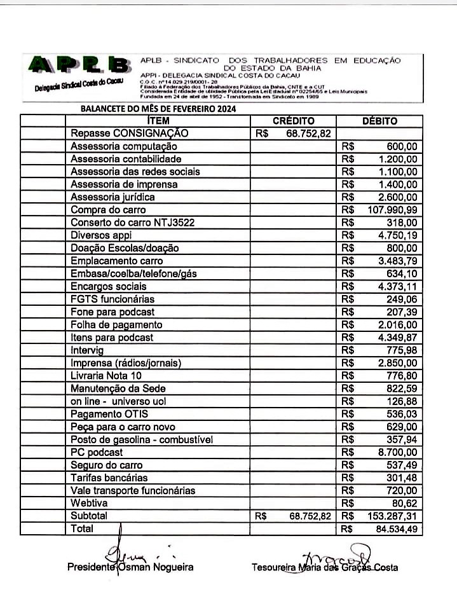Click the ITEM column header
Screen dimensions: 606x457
coord(158,121)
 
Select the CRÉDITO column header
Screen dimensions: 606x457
coord(293,121)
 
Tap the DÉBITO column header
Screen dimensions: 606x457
coord(379,121)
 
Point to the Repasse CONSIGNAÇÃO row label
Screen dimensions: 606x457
coord(130,134)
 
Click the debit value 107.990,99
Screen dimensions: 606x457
coord(393,210)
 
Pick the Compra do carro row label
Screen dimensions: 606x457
coord(108,210)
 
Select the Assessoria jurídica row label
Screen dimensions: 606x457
coord(113,197)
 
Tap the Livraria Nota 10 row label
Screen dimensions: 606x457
coord(106,376)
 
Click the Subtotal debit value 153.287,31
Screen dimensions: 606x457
coord(393,516)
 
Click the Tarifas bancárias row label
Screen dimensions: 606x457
coord(109,478)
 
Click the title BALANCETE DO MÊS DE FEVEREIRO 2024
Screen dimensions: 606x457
coord(158,109)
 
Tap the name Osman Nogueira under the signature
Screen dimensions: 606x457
coord(162,567)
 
